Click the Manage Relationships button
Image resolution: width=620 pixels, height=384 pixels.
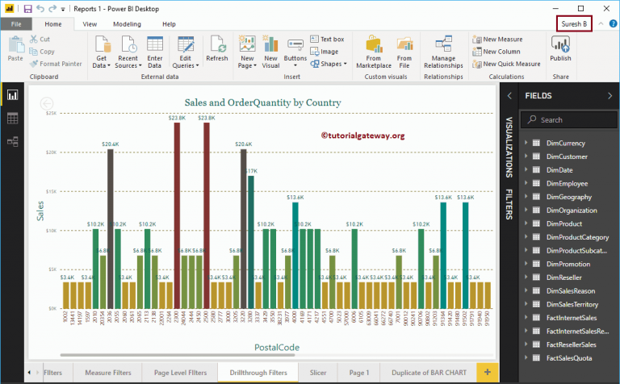pos(442,52)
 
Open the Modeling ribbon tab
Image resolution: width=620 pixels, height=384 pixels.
pos(127,24)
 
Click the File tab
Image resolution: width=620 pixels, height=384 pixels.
pos(16,24)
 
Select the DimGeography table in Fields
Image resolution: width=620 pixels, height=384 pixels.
pos(568,197)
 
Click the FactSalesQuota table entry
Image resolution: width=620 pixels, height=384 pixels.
pos(570,357)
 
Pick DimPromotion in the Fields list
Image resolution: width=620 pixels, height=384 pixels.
pos(568,263)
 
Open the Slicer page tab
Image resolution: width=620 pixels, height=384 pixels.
pos(318,372)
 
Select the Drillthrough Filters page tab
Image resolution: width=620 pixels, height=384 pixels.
pos(258,372)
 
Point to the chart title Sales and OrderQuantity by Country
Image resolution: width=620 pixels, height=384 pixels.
pos(262,103)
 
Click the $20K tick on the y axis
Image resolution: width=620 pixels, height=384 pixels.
pos(51,152)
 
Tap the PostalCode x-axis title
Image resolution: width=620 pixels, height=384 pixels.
pos(278,347)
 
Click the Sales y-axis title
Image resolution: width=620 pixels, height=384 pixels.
pos(40,211)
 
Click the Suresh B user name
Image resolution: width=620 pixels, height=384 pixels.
pos(574,24)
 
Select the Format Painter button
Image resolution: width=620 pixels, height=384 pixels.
pos(57,64)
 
